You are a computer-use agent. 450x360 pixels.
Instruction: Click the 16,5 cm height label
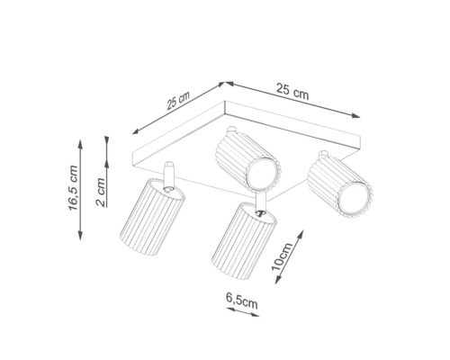[x=74, y=188]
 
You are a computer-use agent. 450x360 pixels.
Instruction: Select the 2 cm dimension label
[x=101, y=193]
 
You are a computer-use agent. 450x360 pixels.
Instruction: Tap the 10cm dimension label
[x=282, y=256]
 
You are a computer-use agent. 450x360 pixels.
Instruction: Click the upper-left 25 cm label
[x=178, y=101]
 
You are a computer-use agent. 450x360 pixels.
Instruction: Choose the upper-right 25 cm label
[x=292, y=91]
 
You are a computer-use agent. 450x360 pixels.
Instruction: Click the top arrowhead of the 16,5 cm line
[x=80, y=144]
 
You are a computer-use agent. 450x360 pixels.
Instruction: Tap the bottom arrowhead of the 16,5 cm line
[x=80, y=235]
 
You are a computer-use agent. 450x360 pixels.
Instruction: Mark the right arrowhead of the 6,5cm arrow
[x=255, y=314]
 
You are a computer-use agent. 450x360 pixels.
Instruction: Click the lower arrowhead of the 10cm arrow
[x=278, y=279]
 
